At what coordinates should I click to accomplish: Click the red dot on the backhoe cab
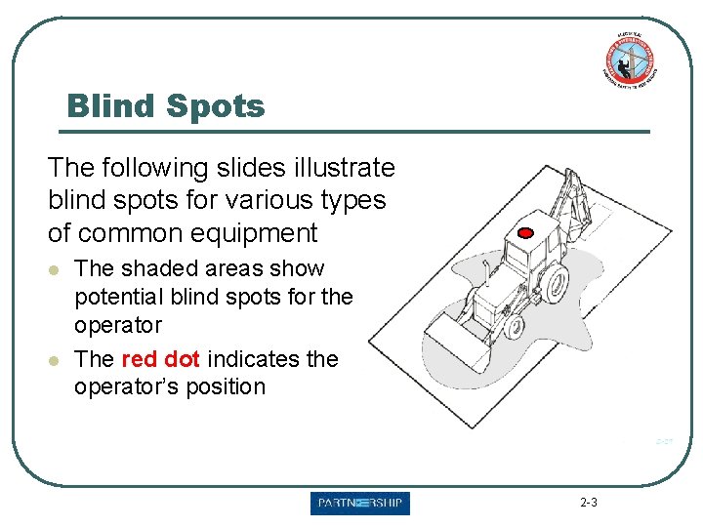point(525,233)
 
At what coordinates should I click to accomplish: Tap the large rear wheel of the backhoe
point(554,283)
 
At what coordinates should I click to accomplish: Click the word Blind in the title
point(110,105)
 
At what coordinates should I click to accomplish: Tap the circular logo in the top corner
point(629,59)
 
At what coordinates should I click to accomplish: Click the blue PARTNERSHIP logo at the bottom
point(360,504)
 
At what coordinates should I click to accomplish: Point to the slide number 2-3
point(589,504)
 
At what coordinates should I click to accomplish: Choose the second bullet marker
point(58,360)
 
